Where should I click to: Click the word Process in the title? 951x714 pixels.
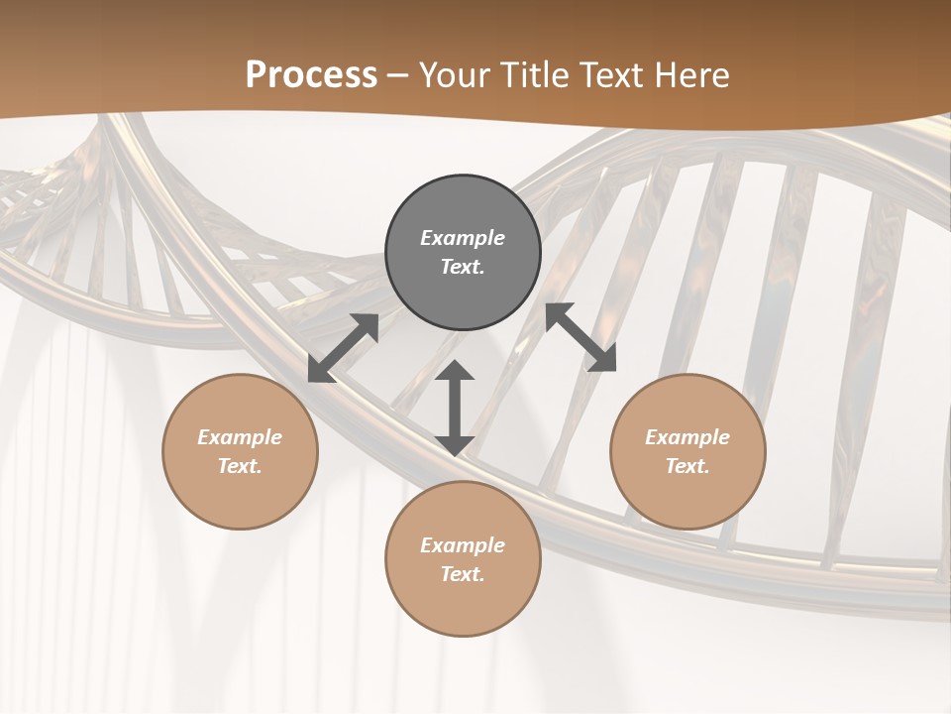pyautogui.click(x=311, y=75)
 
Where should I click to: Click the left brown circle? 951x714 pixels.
pyautogui.click(x=240, y=451)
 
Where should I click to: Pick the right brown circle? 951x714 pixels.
pyautogui.click(x=687, y=451)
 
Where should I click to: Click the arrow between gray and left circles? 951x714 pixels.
pyautogui.click(x=344, y=347)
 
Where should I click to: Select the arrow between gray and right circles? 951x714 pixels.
pyautogui.click(x=581, y=337)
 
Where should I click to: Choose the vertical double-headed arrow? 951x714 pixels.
pyautogui.click(x=455, y=408)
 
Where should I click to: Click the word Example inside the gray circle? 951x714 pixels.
pyautogui.click(x=463, y=238)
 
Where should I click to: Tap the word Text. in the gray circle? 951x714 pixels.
pyautogui.click(x=463, y=268)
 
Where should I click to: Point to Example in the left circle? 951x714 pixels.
pyautogui.click(x=240, y=437)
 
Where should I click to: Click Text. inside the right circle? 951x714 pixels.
pyautogui.click(x=687, y=466)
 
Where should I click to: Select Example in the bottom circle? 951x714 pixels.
pyautogui.click(x=463, y=545)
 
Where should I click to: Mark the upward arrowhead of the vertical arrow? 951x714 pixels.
pyautogui.click(x=455, y=371)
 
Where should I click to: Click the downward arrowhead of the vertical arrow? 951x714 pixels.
pyautogui.click(x=455, y=444)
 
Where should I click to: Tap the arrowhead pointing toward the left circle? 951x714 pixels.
pyautogui.click(x=320, y=371)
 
